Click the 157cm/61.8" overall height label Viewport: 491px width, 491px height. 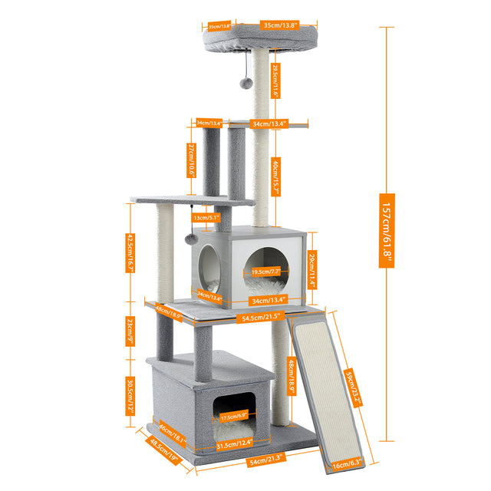387,230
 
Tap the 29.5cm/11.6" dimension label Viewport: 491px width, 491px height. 275,81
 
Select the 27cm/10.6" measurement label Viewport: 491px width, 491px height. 191,160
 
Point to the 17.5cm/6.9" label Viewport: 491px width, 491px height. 234,417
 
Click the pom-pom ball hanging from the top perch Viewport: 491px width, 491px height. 245,81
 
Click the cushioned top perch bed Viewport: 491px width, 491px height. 238,38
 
